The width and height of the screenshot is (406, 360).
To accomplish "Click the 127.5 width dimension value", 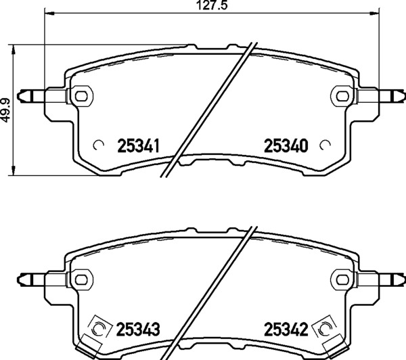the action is tap(212, 5).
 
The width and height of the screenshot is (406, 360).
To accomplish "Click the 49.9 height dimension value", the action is tap(5, 110).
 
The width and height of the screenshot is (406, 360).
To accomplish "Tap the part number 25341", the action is tap(138, 145).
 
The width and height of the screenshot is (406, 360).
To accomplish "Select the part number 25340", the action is tap(286, 145).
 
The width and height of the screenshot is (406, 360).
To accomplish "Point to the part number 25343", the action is tap(138, 329).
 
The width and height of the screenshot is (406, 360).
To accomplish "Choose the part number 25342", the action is tap(286, 329).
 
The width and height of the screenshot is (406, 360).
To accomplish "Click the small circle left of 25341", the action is tap(99, 145).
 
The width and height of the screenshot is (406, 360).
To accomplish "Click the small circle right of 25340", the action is tap(325, 145).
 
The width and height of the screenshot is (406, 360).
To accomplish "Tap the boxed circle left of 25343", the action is tap(98, 328).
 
